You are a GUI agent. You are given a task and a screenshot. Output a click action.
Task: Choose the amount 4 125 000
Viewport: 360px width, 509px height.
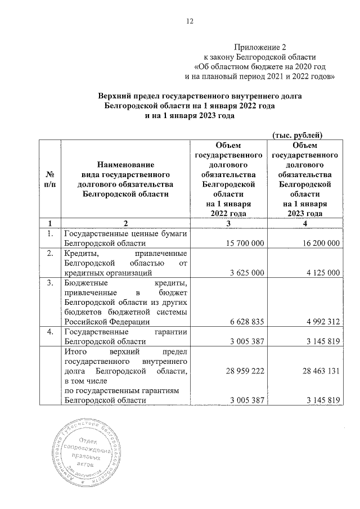point(321,273)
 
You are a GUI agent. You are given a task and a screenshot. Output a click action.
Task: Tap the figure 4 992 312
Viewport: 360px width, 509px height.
point(321,322)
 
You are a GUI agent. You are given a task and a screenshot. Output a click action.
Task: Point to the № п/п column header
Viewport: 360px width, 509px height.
point(49,179)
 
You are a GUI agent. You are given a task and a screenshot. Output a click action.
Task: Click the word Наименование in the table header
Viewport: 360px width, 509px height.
point(125,165)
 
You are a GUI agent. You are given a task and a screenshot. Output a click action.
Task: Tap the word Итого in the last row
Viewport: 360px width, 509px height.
point(76,352)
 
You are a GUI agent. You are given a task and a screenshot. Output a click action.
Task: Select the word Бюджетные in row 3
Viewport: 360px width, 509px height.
point(84,282)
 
